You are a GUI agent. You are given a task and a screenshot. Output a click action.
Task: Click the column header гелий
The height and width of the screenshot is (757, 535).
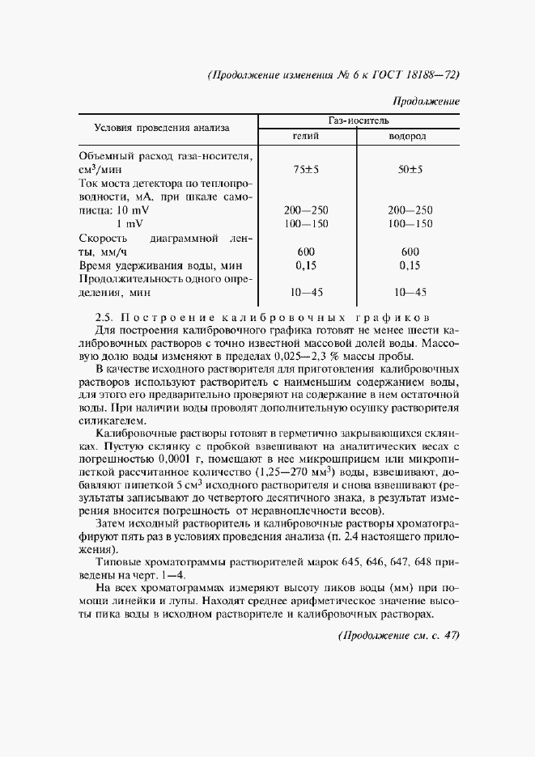[x=308, y=136]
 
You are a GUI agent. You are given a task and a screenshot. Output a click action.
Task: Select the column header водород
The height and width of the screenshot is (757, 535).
[x=407, y=136]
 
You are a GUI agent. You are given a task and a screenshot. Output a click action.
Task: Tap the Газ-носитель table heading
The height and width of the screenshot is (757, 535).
[x=359, y=119]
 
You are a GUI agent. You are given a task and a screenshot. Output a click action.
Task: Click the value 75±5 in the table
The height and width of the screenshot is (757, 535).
[x=308, y=170]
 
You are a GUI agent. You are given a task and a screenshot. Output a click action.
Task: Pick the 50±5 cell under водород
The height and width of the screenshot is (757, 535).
[x=410, y=170]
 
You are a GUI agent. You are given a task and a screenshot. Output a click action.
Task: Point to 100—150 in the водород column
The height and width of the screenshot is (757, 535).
[x=410, y=223]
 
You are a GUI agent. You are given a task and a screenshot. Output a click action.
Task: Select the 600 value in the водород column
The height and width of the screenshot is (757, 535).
[x=410, y=251]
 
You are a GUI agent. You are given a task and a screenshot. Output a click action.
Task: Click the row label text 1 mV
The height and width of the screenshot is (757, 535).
[x=130, y=223]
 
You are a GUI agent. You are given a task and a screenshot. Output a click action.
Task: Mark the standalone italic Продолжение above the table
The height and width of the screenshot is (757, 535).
[x=426, y=102]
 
